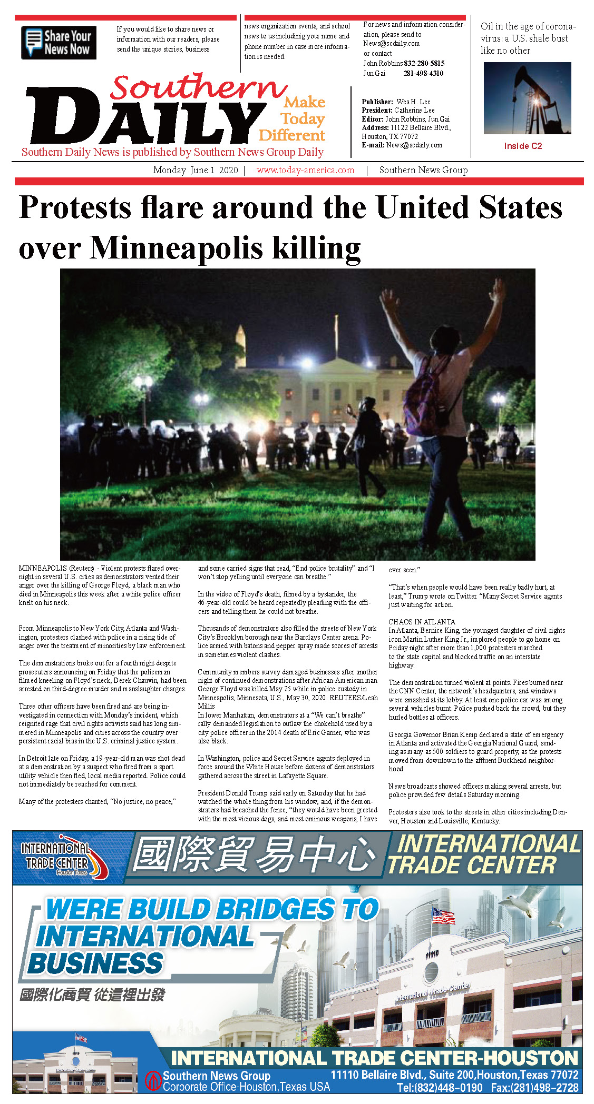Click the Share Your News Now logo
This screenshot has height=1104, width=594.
coord(59,43)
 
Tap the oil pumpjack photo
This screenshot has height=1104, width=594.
coord(527,98)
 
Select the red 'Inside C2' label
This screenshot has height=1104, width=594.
coord(523,146)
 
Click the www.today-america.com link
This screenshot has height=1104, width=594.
coord(305,170)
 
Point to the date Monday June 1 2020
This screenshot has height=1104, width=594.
coord(196,170)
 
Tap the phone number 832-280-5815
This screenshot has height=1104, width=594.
coord(424,63)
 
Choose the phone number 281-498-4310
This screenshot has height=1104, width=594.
coord(423,73)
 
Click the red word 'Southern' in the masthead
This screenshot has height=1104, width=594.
coord(198,87)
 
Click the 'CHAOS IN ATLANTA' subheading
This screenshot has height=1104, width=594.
coord(422,622)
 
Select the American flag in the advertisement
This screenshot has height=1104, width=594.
coord(443,917)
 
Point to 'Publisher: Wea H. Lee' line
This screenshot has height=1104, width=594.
coord(396,102)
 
